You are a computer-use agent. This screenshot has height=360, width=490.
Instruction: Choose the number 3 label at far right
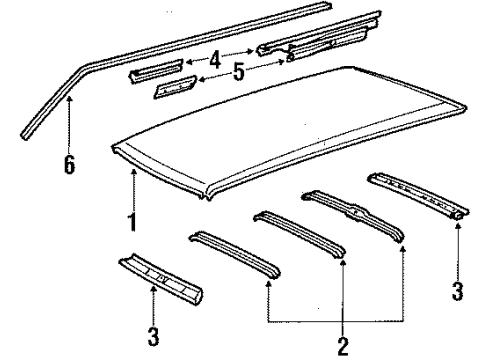tap(458, 290)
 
